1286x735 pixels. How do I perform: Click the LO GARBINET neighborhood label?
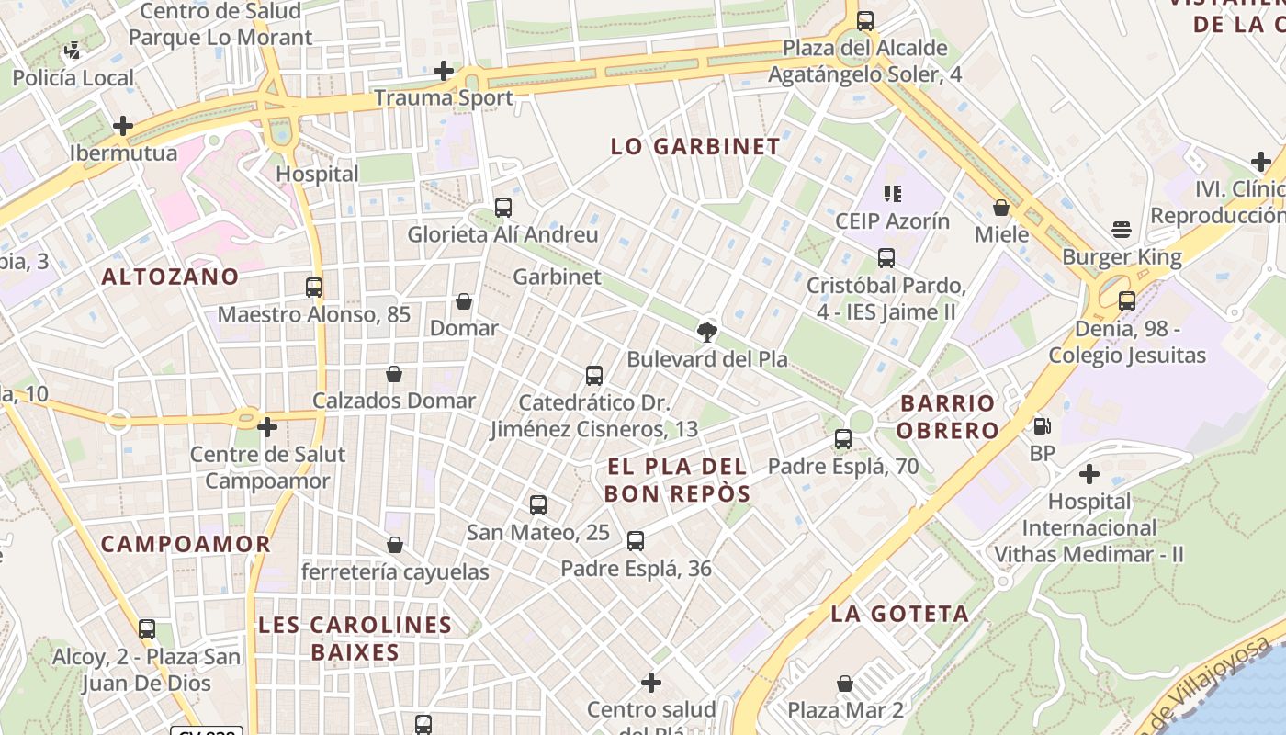click(x=695, y=146)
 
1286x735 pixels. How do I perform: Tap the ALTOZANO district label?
click(x=170, y=277)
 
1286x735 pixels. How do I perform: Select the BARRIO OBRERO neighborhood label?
click(x=948, y=416)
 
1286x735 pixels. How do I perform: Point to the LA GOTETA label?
click(x=900, y=614)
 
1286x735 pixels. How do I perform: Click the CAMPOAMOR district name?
click(x=186, y=544)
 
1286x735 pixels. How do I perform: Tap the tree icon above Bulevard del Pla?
click(x=707, y=332)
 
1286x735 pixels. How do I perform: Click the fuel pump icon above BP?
click(x=1042, y=426)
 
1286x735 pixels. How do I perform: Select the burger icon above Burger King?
click(x=1121, y=229)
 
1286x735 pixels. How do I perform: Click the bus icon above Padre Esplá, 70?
click(x=843, y=439)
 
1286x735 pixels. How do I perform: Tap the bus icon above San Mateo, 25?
click(x=538, y=505)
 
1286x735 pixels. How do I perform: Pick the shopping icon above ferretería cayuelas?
click(x=395, y=545)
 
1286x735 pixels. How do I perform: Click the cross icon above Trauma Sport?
click(x=444, y=71)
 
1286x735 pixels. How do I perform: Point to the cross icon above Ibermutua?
click(x=123, y=126)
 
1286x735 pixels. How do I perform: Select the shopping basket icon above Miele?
click(x=1001, y=208)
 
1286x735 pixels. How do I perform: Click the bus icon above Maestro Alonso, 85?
click(x=314, y=287)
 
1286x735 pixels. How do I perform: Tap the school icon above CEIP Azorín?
click(x=892, y=194)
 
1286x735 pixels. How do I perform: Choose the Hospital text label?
click(x=317, y=174)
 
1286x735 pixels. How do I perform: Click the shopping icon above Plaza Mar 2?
click(x=845, y=684)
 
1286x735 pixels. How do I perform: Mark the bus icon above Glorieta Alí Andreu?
click(x=502, y=208)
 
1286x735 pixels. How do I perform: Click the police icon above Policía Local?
click(x=73, y=51)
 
